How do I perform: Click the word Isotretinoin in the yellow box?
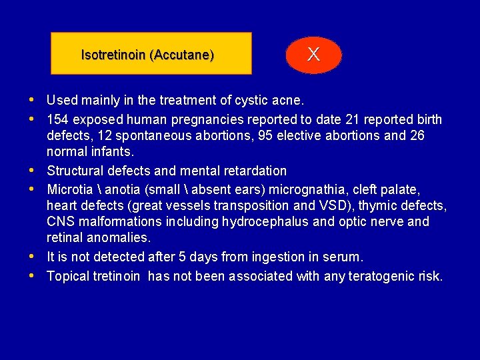(113, 55)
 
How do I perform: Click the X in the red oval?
(313, 55)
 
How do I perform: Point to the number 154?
(58, 120)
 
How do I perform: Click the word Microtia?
(69, 190)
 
